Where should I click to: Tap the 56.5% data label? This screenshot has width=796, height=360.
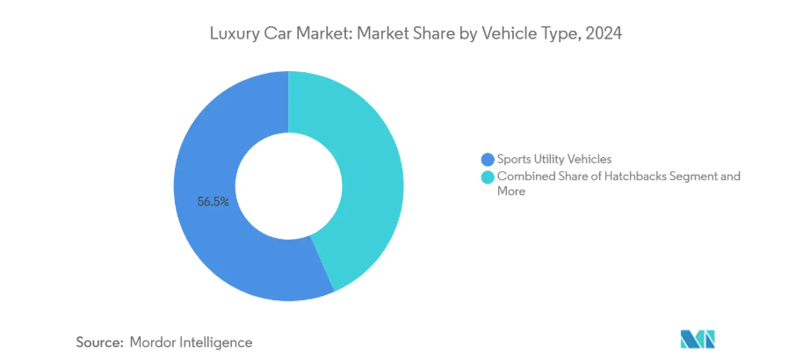point(213,201)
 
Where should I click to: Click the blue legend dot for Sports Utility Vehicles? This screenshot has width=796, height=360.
point(488,159)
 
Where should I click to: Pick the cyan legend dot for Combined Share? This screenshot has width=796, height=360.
point(488,176)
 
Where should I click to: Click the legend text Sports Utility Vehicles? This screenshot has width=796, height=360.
point(554,159)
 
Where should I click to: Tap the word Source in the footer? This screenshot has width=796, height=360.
point(98,342)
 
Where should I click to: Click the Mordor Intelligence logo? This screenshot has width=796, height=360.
point(698,340)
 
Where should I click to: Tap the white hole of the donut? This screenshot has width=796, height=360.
point(288,185)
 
